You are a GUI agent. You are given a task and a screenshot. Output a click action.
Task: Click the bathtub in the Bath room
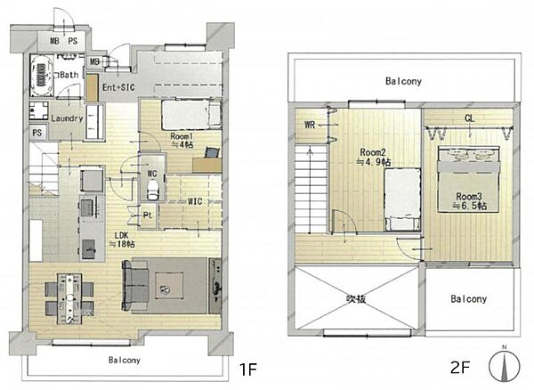pos(42,76)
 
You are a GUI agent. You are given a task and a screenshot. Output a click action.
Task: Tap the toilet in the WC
pos(152,190)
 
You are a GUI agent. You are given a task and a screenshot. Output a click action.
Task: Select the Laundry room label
pos(67,118)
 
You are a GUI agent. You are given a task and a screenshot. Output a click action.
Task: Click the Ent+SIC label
pos(118,87)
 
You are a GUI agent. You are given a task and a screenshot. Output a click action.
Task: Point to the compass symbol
pos(505,365)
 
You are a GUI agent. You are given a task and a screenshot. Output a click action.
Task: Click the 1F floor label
pos(248,370)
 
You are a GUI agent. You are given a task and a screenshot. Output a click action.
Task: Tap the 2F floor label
pos(460,367)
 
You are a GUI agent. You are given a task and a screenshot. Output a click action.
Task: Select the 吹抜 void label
pos(356,299)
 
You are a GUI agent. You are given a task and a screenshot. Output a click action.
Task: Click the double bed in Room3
pos(469,180)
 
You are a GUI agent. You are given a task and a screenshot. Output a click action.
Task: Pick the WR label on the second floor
pos(310,125)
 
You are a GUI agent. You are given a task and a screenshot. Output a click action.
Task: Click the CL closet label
pos(470,118)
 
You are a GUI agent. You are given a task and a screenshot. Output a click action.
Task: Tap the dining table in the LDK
pos(69,298)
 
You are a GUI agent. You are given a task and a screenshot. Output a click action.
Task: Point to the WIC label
pos(195,201)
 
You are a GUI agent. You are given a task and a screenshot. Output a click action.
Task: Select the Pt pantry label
pos(148,215)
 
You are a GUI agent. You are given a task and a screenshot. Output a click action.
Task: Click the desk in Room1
pos(207,165)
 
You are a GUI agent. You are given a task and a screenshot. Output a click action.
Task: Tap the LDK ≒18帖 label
pos(122,240)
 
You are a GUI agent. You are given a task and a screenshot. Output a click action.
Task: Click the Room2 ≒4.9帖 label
pos(373,157)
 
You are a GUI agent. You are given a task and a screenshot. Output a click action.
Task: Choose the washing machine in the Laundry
pos(38,110)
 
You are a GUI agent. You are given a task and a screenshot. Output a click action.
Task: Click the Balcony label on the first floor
pos(125,360)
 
